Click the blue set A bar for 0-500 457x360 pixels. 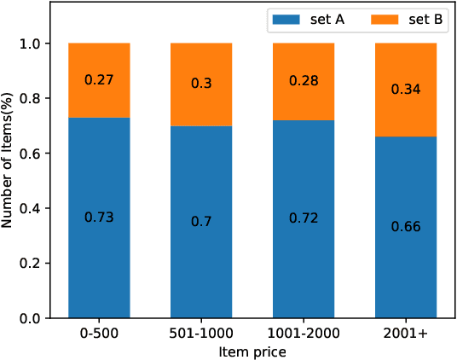tap(99, 256)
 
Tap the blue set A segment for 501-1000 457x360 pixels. tap(201, 264)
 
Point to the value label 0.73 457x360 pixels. tap(99, 218)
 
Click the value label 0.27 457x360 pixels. tap(99, 80)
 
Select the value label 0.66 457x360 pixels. tap(406, 227)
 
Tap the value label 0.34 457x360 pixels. tap(406, 89)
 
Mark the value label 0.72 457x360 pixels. tap(304, 219)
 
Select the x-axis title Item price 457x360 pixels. tap(252, 351)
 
